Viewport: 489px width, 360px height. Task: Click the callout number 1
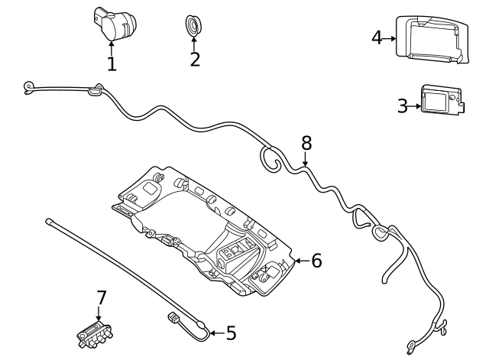[112, 63]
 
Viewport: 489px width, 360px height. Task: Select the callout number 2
[195, 59]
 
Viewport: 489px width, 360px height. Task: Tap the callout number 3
[403, 105]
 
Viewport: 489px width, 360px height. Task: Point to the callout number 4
[377, 37]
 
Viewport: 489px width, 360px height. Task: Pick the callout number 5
[231, 333]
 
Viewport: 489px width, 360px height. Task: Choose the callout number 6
[316, 261]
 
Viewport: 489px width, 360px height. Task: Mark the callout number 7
[100, 296]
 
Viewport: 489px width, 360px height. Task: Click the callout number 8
[306, 142]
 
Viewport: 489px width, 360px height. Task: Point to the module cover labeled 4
[431, 37]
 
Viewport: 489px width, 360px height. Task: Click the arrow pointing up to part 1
[112, 47]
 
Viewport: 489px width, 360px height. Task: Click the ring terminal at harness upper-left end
[28, 86]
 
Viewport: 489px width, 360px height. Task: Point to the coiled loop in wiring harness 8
[270, 157]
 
